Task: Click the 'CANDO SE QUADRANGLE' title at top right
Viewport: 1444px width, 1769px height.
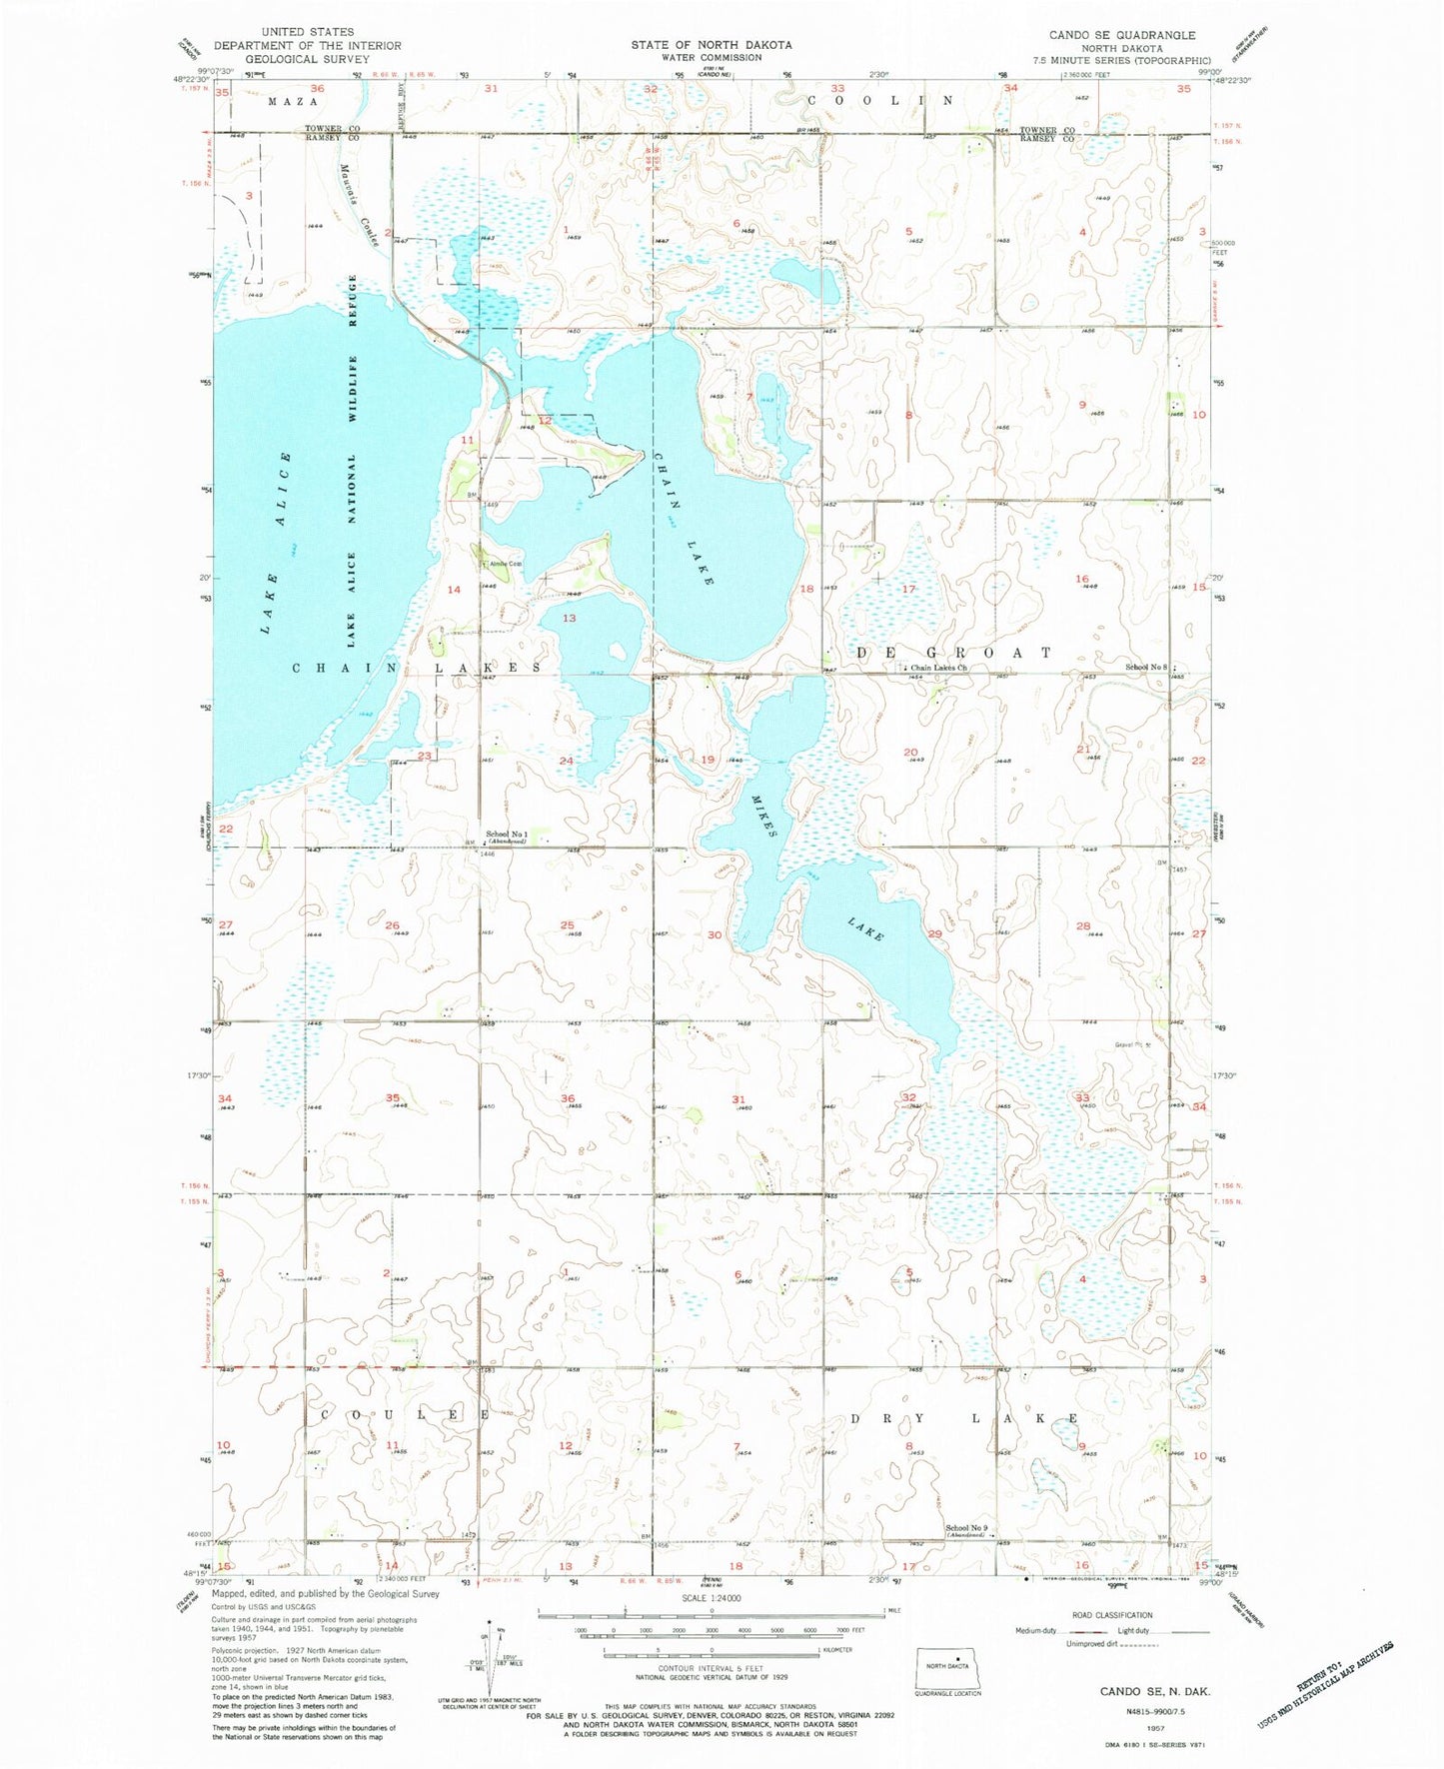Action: click(1121, 35)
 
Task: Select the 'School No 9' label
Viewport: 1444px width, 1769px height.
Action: click(966, 1528)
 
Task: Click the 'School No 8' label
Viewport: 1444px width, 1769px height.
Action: click(1146, 667)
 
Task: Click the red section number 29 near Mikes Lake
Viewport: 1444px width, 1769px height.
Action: click(934, 933)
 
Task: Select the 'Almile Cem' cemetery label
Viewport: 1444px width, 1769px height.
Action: click(506, 564)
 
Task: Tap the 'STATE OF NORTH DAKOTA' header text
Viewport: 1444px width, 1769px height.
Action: click(711, 45)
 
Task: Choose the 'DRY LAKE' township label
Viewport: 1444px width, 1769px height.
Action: click(964, 1418)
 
